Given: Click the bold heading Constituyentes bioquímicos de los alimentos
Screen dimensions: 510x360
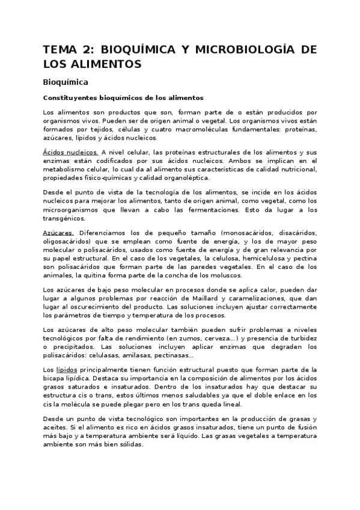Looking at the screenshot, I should tap(124, 97).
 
